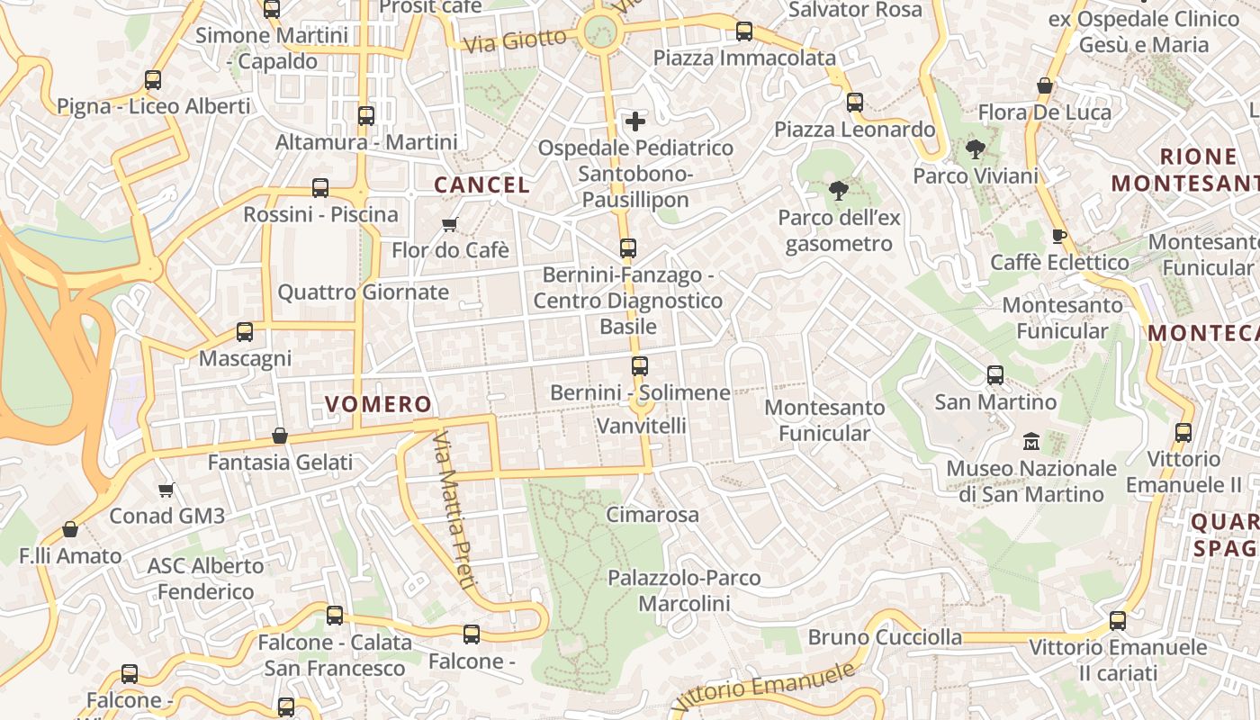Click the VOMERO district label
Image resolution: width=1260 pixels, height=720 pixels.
[378, 404]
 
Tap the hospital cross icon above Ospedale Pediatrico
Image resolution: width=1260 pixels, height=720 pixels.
[635, 121]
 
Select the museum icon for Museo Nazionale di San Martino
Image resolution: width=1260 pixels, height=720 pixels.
[1031, 441]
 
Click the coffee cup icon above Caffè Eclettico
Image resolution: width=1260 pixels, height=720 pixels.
[1058, 236]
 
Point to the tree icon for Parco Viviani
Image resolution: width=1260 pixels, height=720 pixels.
[975, 149]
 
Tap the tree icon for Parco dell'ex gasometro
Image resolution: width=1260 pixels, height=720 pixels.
[838, 191]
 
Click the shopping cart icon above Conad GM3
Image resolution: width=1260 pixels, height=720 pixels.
[166, 490]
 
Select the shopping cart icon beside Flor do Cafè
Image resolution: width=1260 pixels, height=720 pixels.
[449, 224]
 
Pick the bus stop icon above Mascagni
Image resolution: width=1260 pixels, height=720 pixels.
[245, 332]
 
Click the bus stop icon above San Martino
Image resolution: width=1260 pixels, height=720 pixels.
[995, 374]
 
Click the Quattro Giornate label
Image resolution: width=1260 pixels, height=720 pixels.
[363, 292]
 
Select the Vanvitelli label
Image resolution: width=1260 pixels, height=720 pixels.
[642, 425]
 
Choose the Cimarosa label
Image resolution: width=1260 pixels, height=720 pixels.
[652, 515]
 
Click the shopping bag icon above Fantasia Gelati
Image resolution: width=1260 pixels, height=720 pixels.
[280, 436]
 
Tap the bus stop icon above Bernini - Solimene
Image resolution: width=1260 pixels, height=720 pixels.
[640, 366]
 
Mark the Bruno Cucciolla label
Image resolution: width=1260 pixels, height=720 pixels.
[885, 637]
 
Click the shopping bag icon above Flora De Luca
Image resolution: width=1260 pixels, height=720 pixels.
[1045, 86]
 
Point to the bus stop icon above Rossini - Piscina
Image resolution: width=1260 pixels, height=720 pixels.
[320, 188]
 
